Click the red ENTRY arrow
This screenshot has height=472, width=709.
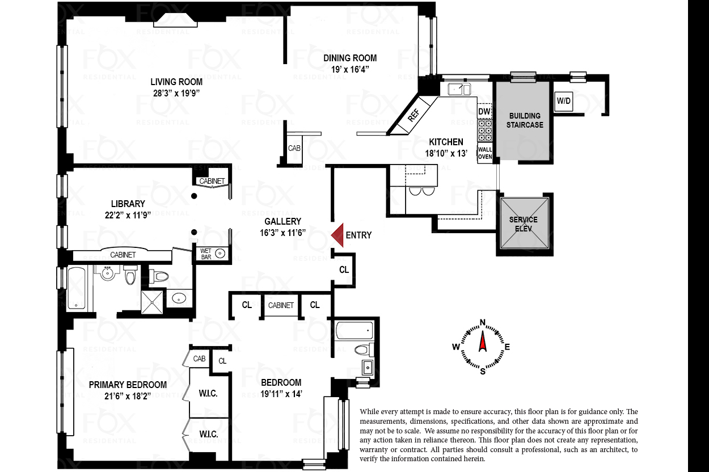click(338, 235)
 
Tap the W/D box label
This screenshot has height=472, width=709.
click(564, 101)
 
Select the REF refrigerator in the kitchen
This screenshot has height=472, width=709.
click(413, 115)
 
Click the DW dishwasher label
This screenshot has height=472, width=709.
click(484, 111)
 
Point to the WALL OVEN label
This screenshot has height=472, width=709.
click(484, 153)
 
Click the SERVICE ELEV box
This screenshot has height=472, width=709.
click(524, 224)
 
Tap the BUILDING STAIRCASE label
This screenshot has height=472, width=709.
click(525, 120)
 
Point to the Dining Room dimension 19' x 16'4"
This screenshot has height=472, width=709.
click(350, 69)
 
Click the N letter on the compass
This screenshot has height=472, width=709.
click(483, 323)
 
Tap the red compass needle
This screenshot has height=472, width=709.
click(483, 342)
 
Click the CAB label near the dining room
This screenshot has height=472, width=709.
click(294, 148)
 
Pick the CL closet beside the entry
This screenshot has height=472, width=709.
click(344, 270)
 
